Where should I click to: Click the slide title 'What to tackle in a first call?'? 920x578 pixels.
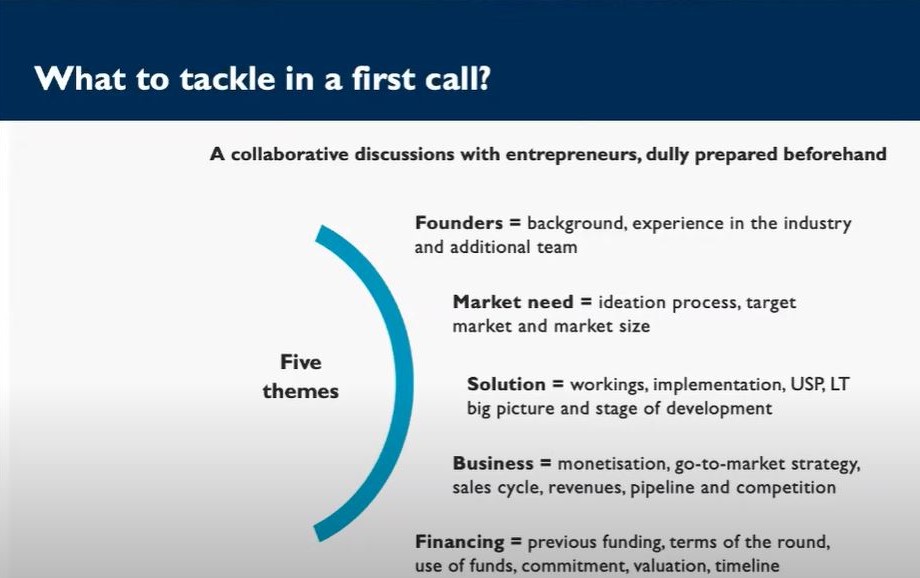point(262,79)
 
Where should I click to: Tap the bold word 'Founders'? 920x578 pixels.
point(459,223)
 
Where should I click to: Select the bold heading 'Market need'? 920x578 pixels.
point(513,302)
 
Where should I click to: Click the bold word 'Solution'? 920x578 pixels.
point(506,384)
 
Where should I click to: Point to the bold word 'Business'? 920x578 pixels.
point(493,463)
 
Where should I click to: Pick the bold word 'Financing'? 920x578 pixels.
point(459,542)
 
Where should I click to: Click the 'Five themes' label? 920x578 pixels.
point(300,376)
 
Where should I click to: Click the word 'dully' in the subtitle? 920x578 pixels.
point(667,154)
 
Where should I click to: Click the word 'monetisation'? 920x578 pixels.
point(613,464)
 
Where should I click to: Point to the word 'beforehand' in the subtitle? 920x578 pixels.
point(835,154)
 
